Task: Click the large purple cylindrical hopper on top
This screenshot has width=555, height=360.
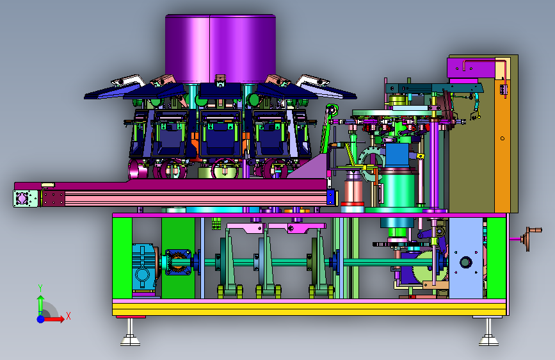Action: (220, 49)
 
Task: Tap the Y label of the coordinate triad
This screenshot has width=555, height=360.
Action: (40, 288)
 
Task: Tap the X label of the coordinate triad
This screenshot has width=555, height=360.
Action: (68, 316)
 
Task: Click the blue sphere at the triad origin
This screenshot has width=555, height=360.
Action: (41, 319)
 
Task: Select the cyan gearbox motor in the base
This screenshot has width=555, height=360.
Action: (143, 268)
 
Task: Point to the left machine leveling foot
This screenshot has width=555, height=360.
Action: (130, 332)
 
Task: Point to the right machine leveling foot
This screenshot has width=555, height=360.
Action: (488, 332)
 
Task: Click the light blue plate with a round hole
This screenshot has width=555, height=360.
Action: (466, 258)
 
